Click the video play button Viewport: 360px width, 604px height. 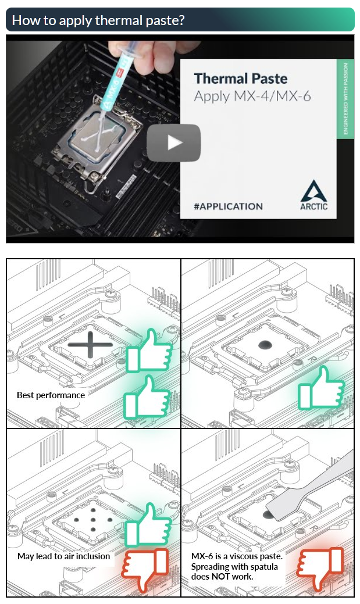(173, 142)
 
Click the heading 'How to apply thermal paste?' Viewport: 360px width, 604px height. (98, 20)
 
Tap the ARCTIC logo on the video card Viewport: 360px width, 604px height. (313, 195)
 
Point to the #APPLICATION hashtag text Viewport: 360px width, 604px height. (228, 206)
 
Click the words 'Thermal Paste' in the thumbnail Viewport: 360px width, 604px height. (241, 78)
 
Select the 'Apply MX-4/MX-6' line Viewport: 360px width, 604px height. (252, 97)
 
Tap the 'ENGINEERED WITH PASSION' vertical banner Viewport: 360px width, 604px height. (345, 99)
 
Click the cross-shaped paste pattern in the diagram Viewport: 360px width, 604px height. (90, 344)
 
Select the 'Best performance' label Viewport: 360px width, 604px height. (51, 395)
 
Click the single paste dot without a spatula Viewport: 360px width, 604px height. (265, 345)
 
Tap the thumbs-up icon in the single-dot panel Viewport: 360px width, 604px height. (320, 388)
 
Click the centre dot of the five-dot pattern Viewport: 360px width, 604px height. (93, 519)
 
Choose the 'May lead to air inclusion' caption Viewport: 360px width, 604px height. (63, 556)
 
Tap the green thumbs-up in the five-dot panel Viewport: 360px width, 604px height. (148, 524)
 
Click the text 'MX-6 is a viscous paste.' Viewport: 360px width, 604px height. (237, 556)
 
